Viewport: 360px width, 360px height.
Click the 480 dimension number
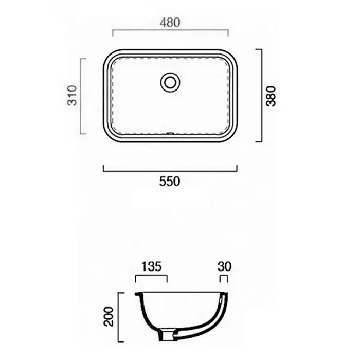170,23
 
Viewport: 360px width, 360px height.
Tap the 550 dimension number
170,182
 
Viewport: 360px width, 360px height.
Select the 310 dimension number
72,96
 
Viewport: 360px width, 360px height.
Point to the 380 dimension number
271,96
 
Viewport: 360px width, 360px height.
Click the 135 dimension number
152,266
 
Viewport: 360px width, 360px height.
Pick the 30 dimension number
224,266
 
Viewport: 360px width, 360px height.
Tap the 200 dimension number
109,316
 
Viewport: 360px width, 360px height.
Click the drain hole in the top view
170,82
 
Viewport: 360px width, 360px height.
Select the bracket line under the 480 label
170,30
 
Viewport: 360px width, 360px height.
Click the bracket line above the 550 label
170,171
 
